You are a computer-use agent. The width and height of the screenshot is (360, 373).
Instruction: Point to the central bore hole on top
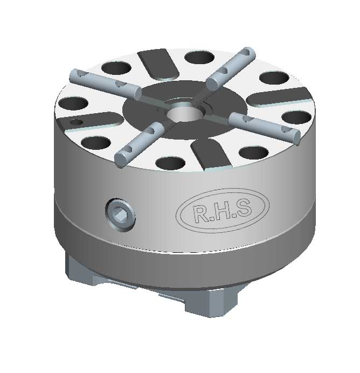[184, 114]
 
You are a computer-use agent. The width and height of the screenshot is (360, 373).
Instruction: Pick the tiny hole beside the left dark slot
[77, 122]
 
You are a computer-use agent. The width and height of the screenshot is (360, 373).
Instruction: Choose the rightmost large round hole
[294, 117]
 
